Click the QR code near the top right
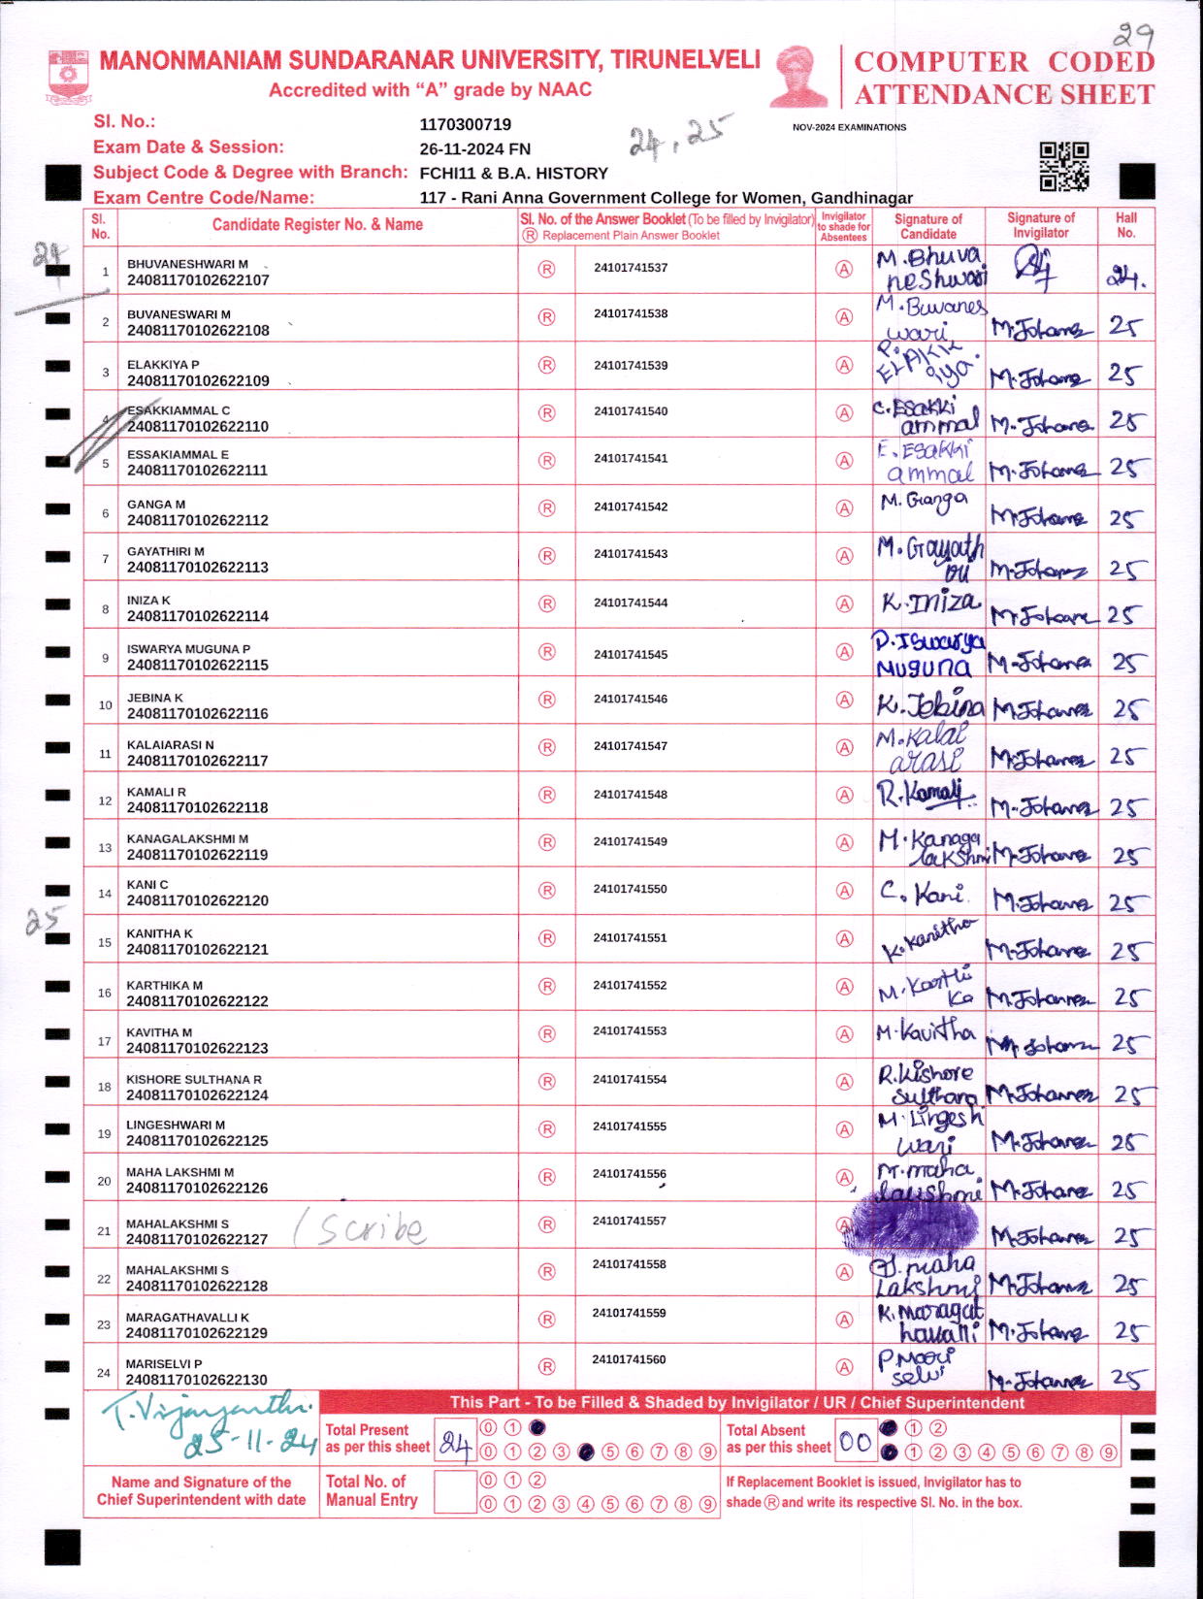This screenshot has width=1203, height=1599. click(x=1064, y=167)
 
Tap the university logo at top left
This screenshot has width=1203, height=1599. click(x=68, y=77)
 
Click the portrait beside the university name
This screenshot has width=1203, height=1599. click(x=799, y=76)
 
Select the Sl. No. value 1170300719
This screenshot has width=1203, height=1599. click(x=465, y=124)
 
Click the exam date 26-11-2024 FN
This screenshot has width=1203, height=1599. click(x=474, y=149)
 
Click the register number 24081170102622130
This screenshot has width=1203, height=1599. click(x=197, y=1380)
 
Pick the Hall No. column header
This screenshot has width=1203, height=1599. click(x=1125, y=225)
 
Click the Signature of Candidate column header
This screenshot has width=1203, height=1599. click(x=927, y=226)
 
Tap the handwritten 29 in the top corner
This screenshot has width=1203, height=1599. click(x=1132, y=37)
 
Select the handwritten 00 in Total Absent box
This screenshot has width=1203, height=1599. click(x=855, y=1443)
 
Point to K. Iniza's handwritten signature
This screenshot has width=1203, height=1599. click(x=929, y=604)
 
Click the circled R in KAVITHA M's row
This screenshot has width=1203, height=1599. click(x=546, y=1034)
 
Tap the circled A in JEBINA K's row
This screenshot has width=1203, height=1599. click(x=844, y=701)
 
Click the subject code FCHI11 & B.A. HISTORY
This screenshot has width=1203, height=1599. click(x=513, y=174)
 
